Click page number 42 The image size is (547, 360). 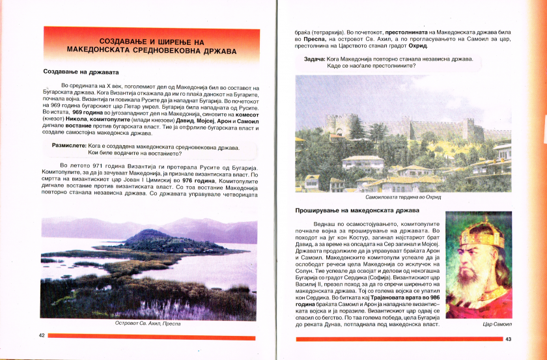(42, 335)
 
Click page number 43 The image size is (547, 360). (509, 339)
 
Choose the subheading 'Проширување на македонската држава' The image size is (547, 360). (358, 211)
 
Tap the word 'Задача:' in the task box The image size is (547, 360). (315, 59)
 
